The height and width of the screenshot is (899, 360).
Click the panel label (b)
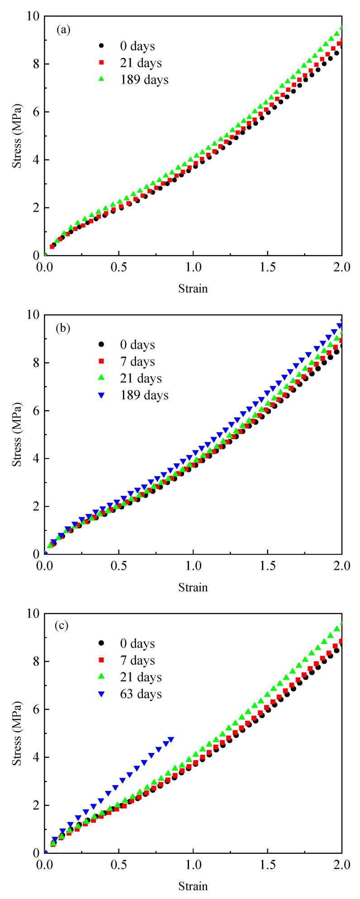pyautogui.click(x=63, y=329)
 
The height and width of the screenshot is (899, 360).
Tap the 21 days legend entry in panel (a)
pyautogui.click(x=132, y=62)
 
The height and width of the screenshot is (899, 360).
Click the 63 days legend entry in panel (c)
pyautogui.click(x=132, y=694)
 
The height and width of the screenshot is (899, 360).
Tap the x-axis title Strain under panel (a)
pyautogui.click(x=193, y=288)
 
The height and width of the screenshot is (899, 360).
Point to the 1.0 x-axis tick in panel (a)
pyautogui.click(x=193, y=267)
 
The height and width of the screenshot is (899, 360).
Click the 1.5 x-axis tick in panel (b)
pyautogui.click(x=267, y=566)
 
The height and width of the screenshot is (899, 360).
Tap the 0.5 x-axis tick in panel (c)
pyautogui.click(x=119, y=864)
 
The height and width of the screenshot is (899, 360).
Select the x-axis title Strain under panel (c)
pyautogui.click(x=193, y=885)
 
